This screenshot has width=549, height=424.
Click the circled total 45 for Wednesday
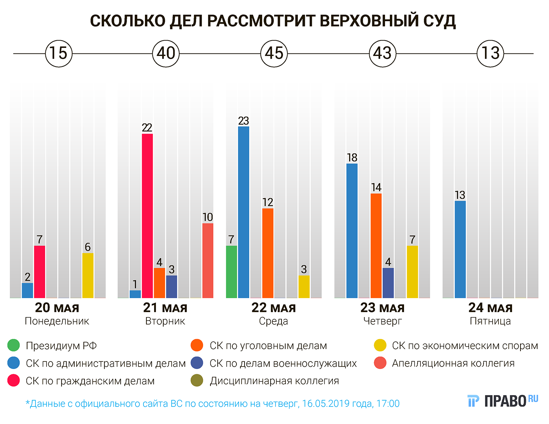pyautogui.click(x=274, y=53)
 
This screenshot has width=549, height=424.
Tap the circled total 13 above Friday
pyautogui.click(x=490, y=53)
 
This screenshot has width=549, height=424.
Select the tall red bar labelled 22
pyautogui.click(x=147, y=216)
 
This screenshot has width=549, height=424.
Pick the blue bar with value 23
pyautogui.click(x=244, y=212)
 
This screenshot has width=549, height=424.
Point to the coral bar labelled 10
pyautogui.click(x=208, y=260)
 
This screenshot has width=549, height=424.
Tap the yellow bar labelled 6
pyautogui.click(x=88, y=275)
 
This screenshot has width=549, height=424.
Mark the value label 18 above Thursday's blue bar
pyautogui.click(x=352, y=158)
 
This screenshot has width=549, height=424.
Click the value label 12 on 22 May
pyautogui.click(x=268, y=202)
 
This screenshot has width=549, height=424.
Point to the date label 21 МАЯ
pyautogui.click(x=165, y=308)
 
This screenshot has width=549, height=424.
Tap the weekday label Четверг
pyautogui.click(x=382, y=321)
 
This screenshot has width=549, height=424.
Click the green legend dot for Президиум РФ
pyautogui.click(x=14, y=345)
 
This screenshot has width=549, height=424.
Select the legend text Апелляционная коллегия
pyautogui.click(x=453, y=363)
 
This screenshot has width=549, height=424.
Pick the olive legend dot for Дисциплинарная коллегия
pyautogui.click(x=197, y=381)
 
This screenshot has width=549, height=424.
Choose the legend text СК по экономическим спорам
pyautogui.click(x=465, y=346)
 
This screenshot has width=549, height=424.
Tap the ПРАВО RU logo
pyautogui.click(x=503, y=401)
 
